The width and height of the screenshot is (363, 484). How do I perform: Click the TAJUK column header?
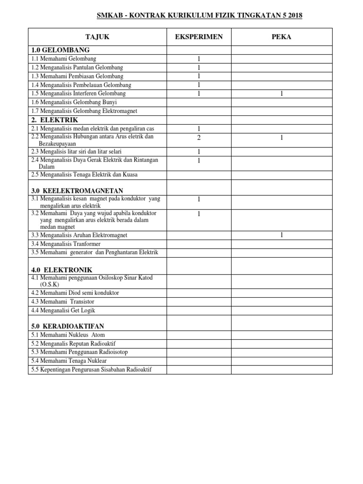[x=97, y=37]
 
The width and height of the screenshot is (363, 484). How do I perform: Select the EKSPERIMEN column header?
[x=199, y=37]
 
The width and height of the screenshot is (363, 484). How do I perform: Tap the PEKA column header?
[x=281, y=37]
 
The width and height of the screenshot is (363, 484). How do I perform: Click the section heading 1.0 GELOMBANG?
[x=60, y=50]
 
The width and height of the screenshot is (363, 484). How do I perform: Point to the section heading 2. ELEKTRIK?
[x=54, y=120]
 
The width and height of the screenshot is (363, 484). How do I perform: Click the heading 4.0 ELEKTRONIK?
[x=61, y=269]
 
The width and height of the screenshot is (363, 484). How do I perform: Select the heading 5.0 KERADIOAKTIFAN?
[x=68, y=327]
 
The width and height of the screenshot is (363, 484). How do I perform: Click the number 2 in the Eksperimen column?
[x=199, y=138]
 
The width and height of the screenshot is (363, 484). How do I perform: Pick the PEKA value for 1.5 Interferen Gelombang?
[x=281, y=94]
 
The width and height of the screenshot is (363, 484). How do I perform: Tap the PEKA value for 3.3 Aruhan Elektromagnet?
[x=281, y=235]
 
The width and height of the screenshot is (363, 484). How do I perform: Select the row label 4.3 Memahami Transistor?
[x=62, y=302]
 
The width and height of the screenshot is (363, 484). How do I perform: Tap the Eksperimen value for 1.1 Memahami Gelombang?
[x=199, y=59]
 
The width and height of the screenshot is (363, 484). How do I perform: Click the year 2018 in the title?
[x=294, y=16]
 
